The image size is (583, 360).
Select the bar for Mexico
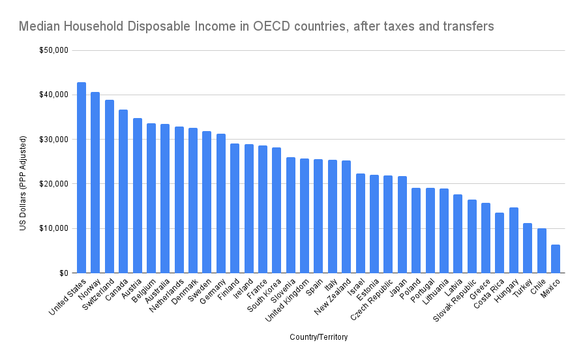pos(556,259)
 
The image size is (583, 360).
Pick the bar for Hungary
pos(514,240)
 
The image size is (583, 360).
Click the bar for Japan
pos(402,224)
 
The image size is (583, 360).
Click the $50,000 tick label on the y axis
pos(55,50)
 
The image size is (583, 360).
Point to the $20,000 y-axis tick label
pos(55,184)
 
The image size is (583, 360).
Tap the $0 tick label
pos(63,273)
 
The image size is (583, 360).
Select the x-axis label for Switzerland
pos(100,294)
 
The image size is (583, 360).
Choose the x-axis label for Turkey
pos(524,286)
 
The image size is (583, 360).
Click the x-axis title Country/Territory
pos(318,337)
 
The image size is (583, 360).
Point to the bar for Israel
pos(360,223)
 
